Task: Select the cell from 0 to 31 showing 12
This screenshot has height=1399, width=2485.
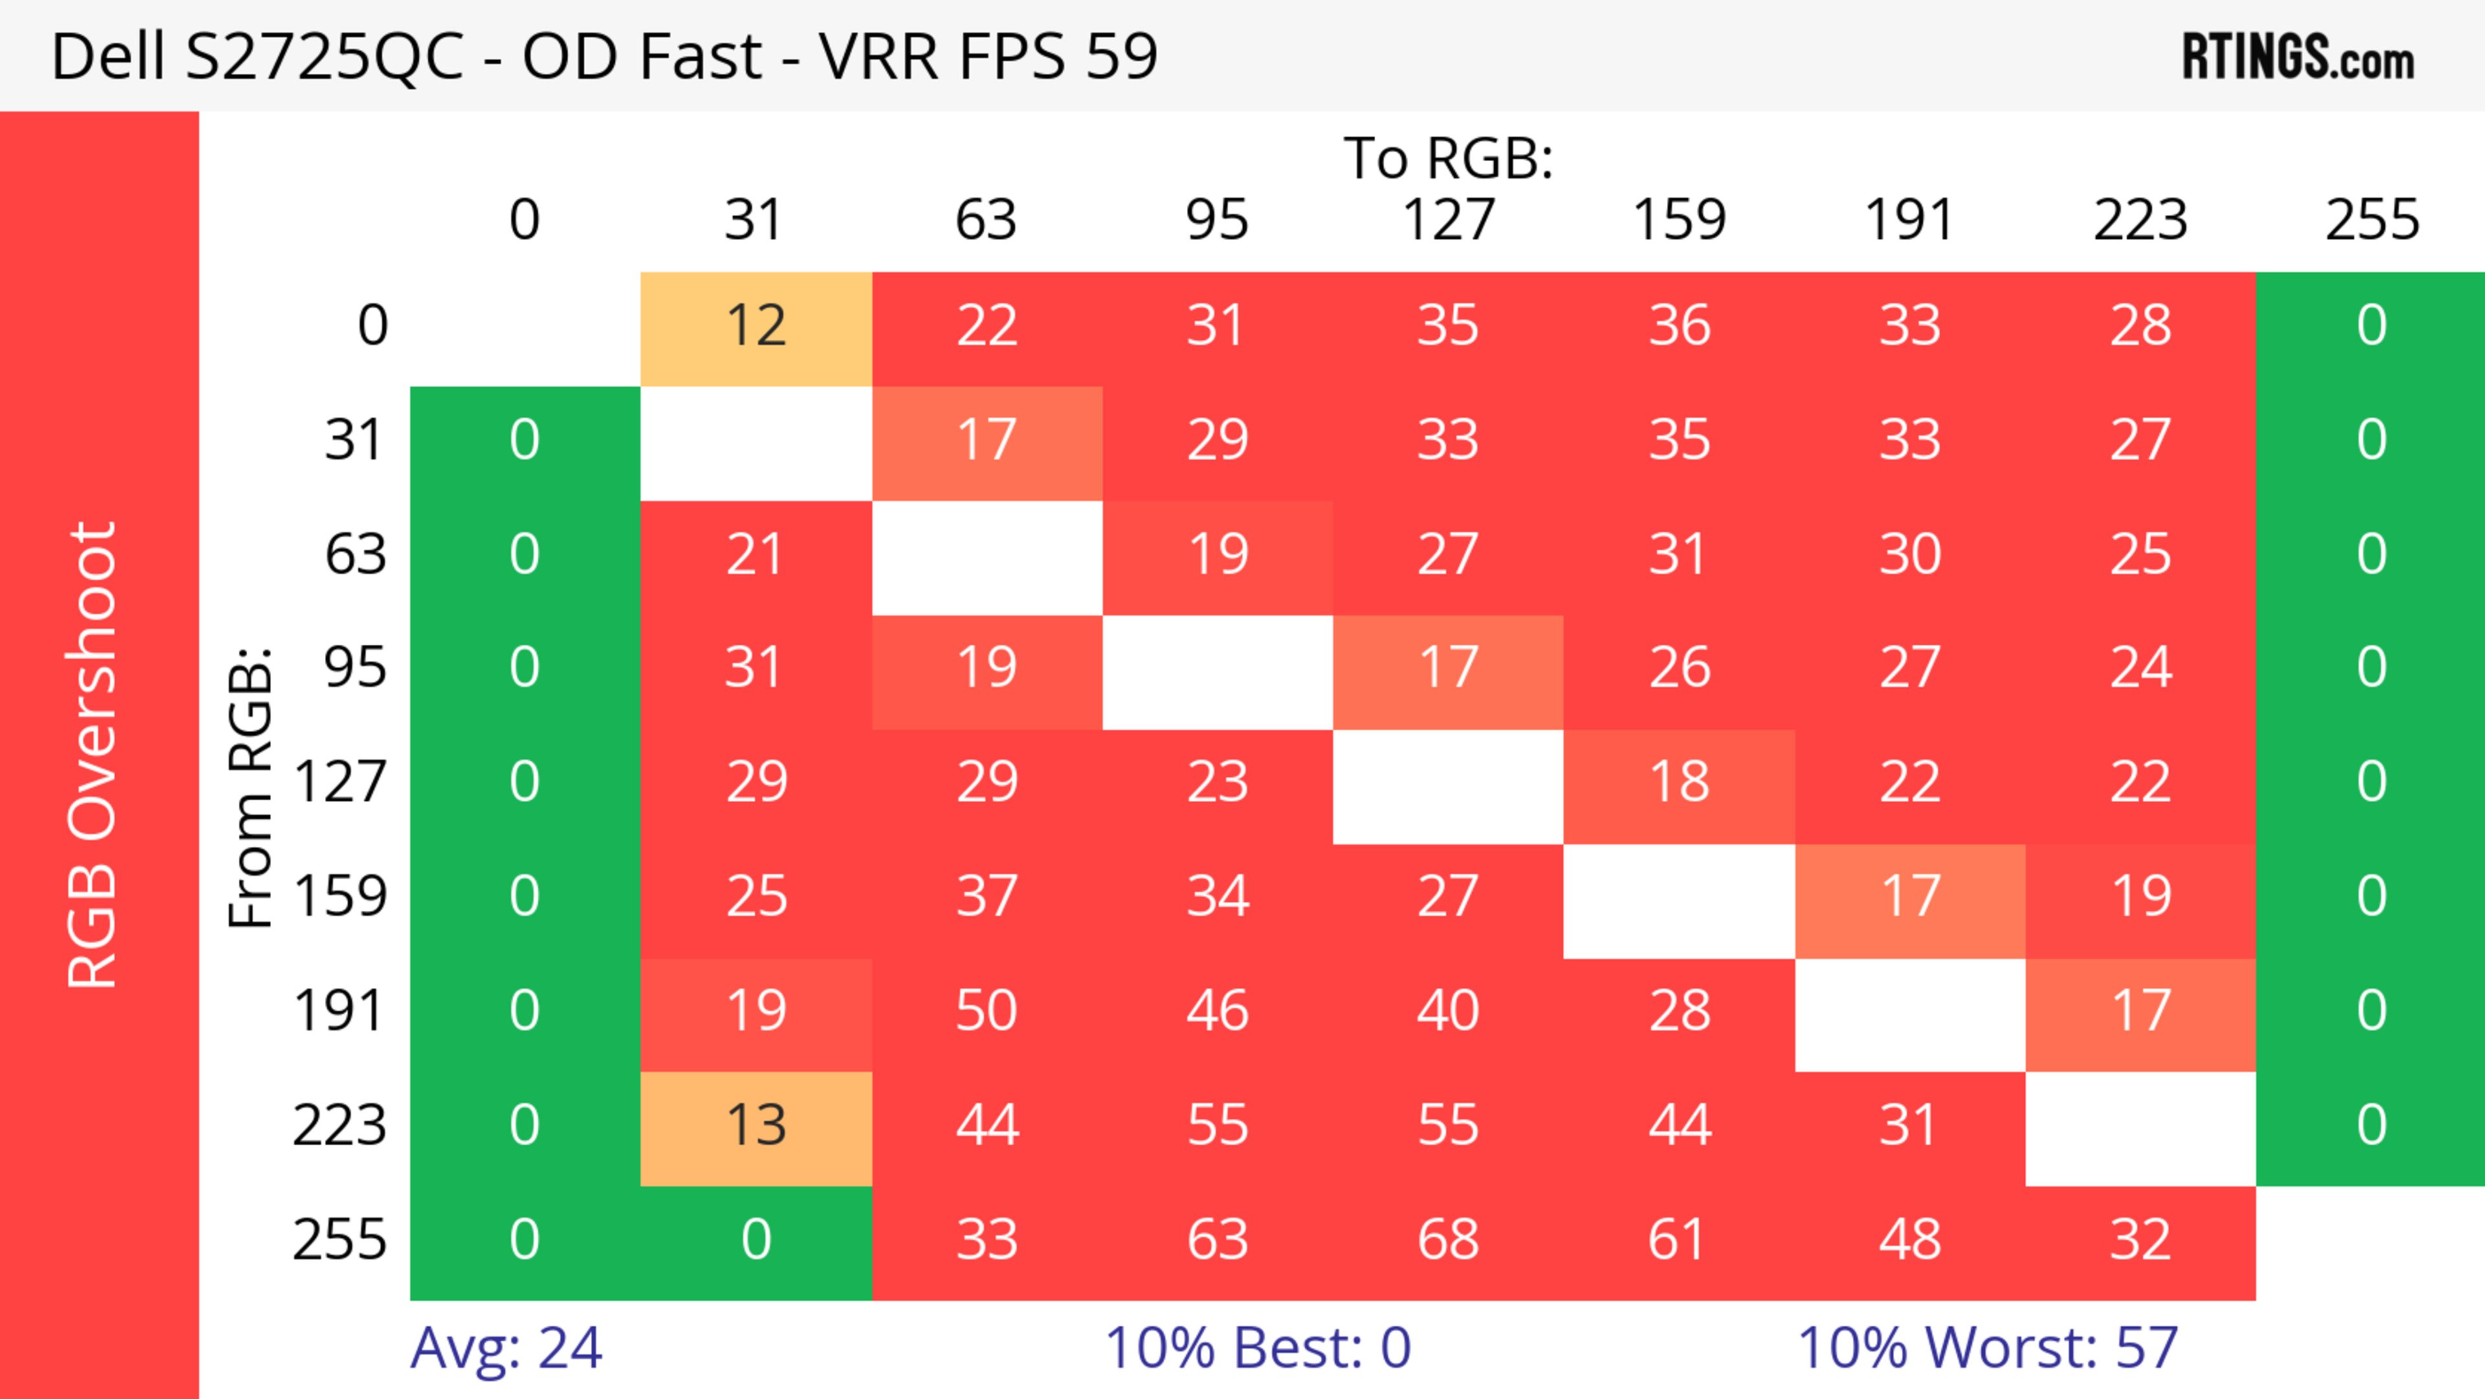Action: (x=757, y=326)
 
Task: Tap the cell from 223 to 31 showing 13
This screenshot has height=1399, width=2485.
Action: (x=757, y=1126)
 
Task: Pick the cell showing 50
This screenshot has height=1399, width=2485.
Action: (x=987, y=1011)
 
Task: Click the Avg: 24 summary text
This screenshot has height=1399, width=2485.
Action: (x=507, y=1348)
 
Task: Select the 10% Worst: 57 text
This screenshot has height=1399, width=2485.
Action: (x=1987, y=1348)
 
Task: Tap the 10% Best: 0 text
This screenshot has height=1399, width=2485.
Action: (x=1258, y=1348)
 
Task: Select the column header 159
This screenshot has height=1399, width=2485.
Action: (x=1679, y=220)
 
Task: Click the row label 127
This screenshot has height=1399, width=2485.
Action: (x=340, y=781)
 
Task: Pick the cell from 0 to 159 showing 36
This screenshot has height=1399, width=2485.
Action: (x=1679, y=326)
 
